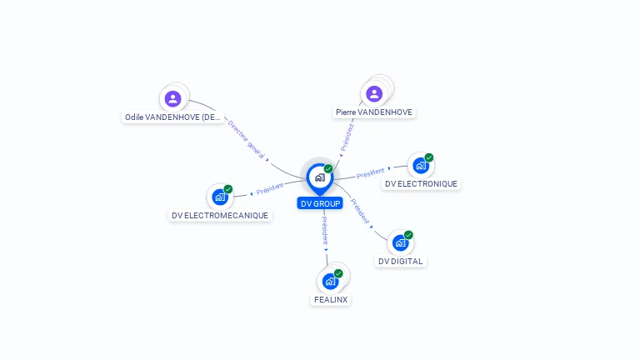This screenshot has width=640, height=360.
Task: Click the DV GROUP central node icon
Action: click(319, 177)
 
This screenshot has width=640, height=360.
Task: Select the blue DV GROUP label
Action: click(320, 203)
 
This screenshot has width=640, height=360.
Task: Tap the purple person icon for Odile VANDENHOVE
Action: click(172, 98)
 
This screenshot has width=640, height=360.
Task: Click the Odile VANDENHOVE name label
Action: click(173, 117)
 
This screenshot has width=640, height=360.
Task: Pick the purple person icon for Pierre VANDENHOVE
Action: click(374, 93)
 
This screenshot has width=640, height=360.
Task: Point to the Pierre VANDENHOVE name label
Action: click(374, 112)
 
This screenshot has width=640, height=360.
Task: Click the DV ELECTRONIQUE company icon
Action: click(420, 166)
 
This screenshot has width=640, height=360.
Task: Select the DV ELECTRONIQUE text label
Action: click(421, 183)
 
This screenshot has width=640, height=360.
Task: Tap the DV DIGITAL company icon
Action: click(400, 243)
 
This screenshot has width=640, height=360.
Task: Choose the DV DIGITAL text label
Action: click(401, 261)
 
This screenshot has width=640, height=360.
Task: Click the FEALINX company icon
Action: click(330, 281)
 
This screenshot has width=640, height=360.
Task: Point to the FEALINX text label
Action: click(331, 299)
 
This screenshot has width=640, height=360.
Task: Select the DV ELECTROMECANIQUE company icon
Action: click(219, 197)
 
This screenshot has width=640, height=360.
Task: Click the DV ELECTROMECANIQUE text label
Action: click(220, 215)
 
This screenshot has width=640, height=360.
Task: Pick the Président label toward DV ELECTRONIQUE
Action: click(371, 173)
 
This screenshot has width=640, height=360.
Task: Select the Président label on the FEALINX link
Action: click(325, 230)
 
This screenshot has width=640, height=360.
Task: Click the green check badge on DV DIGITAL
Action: click(408, 235)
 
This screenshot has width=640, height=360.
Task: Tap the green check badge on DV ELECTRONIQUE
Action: click(428, 157)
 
